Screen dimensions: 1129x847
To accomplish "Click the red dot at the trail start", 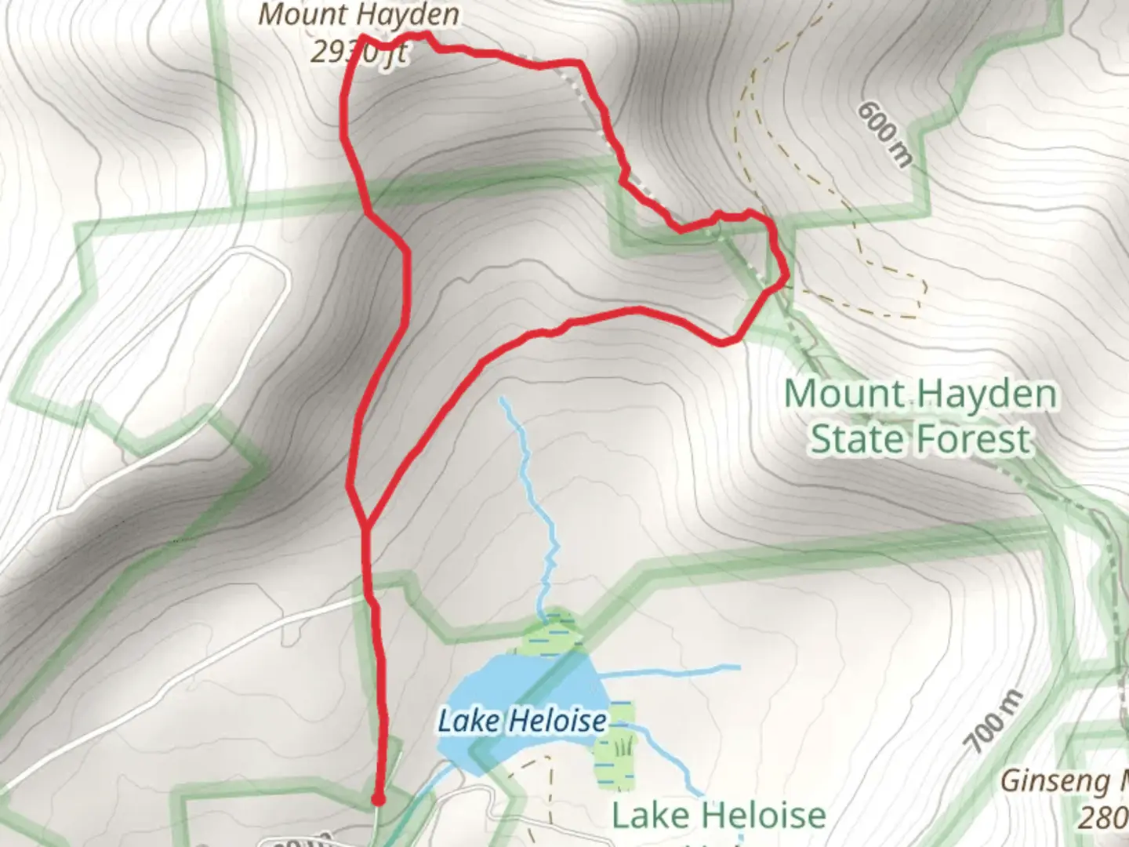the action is (378, 800).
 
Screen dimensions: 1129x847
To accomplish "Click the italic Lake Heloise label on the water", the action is (522, 721).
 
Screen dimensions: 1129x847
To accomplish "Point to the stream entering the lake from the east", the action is (674, 671).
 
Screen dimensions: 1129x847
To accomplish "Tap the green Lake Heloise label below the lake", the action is (718, 816).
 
